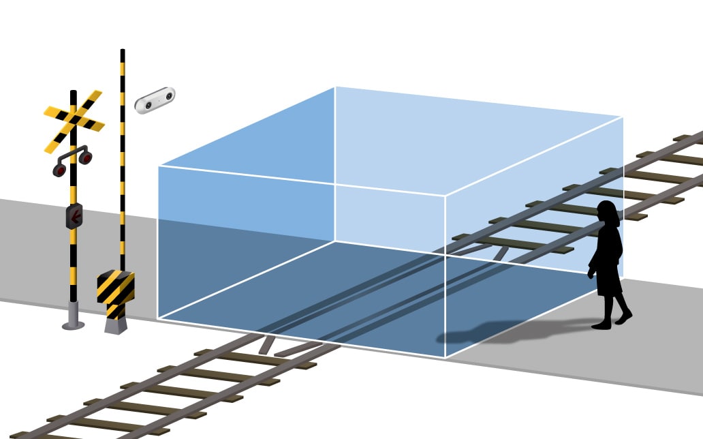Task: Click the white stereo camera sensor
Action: [x=155, y=100]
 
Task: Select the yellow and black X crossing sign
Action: [x=74, y=121]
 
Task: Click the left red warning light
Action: [x=60, y=170]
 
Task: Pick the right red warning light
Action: [x=86, y=158]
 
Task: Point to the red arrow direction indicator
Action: [x=74, y=216]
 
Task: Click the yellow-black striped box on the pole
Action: [x=116, y=286]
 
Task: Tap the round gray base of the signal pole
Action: [x=73, y=324]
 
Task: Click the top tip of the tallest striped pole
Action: [x=123, y=50]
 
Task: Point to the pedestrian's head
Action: [x=608, y=213]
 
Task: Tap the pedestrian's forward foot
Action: [x=623, y=318]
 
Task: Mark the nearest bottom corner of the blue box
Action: [x=445, y=357]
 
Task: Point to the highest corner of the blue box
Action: [x=335, y=87]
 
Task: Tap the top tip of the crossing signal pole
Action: [x=73, y=92]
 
